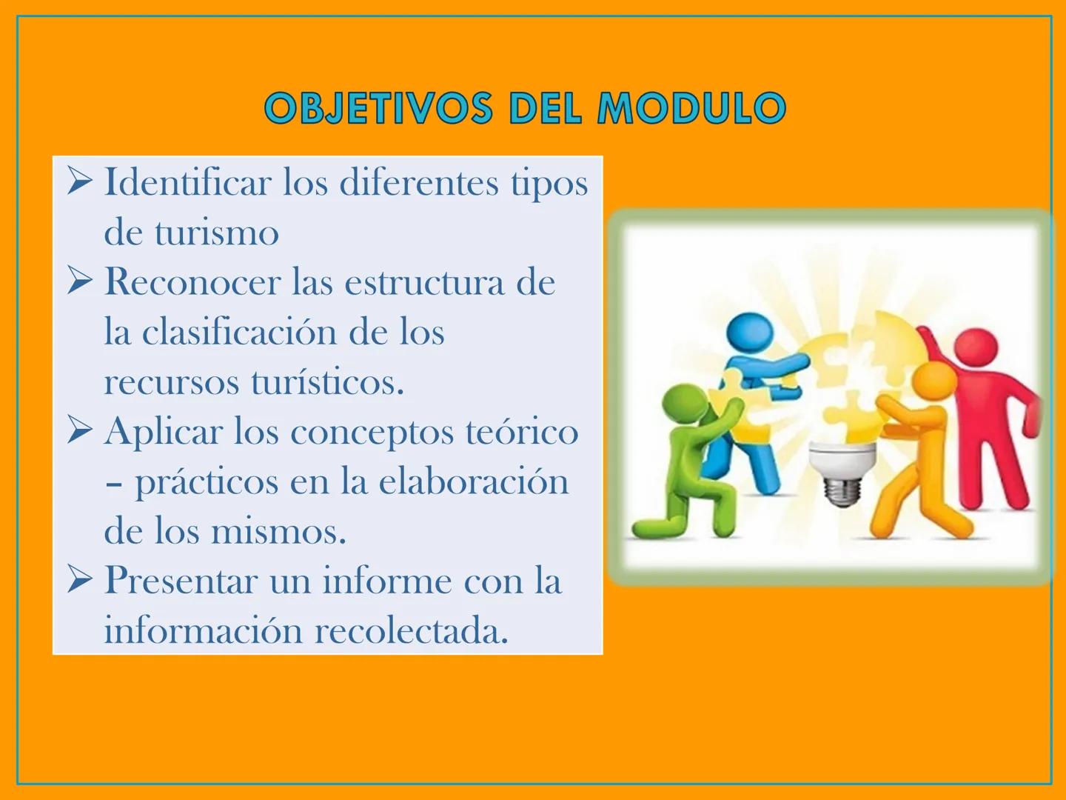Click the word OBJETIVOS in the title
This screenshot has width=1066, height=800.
[x=378, y=109]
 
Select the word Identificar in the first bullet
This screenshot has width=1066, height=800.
[x=187, y=183]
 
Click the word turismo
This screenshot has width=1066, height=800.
[x=216, y=233]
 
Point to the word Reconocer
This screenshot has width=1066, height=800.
[x=192, y=282]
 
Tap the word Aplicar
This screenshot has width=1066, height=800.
[x=163, y=432]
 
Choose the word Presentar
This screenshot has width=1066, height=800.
[x=181, y=581]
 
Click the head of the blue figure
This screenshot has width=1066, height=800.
[x=749, y=332]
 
